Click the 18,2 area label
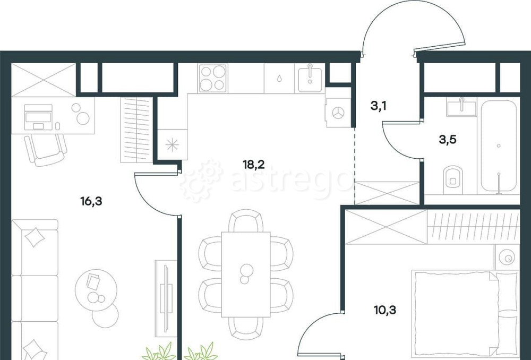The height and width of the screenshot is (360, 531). pos(254,165)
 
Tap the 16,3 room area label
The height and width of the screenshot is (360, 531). pos(91,201)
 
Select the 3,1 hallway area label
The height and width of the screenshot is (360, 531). pos(379,106)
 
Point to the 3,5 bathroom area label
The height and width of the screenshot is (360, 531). pos(448,139)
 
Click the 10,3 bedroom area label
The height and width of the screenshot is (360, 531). pos(386,310)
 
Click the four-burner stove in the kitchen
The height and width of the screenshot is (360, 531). pos(212,78)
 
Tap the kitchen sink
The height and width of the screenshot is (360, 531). pos(310,78)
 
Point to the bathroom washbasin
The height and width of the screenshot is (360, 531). pos(461,107)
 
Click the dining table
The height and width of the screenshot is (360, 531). pos(246,275)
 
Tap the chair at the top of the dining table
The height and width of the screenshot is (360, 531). pos(246,221)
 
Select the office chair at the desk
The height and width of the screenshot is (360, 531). pos(46,150)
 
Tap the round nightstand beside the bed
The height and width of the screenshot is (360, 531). pos(507,258)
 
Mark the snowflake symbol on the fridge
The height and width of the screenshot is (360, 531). pos(172,145)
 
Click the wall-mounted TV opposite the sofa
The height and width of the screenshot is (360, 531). pos(166,298)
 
